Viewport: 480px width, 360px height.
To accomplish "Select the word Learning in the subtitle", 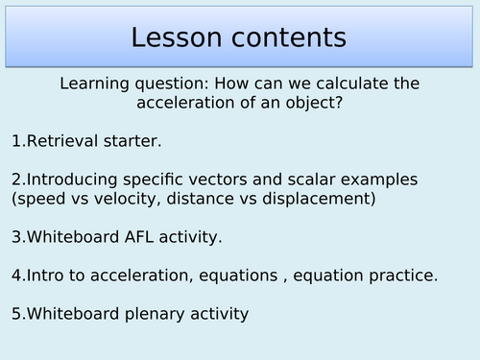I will click(x=95, y=84).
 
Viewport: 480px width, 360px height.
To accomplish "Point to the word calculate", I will click(x=353, y=84).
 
